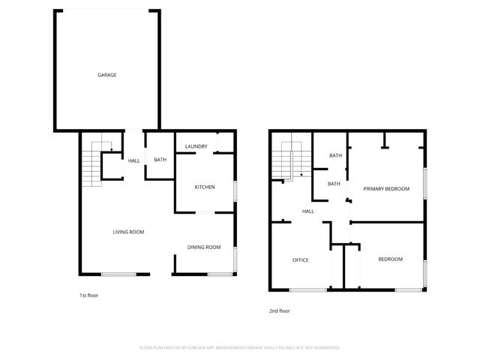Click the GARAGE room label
point(106,75)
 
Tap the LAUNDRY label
point(196,145)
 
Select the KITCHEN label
point(205,187)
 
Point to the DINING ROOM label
point(204,247)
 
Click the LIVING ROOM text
point(128,232)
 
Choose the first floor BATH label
point(160,160)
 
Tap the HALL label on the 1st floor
point(134,160)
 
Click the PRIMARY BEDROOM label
point(386,188)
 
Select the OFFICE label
point(301,259)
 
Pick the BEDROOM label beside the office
point(390,259)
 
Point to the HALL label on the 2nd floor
point(307,211)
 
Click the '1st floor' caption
point(88,295)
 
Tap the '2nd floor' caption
point(279,310)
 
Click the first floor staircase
point(91,164)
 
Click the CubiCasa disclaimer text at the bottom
point(240,348)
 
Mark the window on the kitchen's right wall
point(235,190)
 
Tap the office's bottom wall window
point(307,289)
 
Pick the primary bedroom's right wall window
point(425,184)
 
